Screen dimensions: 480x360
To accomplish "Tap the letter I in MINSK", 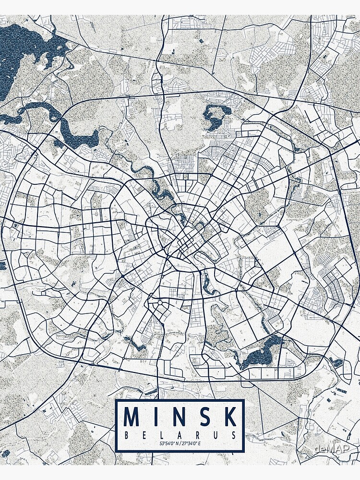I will [155, 417].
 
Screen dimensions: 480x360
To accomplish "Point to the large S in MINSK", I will [204, 417].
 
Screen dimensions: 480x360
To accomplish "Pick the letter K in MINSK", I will [229, 417].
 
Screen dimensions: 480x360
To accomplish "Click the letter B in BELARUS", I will [126, 435].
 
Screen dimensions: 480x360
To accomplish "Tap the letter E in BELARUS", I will [144, 435].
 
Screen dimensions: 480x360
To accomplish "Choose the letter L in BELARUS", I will [162, 435].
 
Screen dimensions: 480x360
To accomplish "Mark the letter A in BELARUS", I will [180, 435].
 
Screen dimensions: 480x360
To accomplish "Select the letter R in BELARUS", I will [198, 435].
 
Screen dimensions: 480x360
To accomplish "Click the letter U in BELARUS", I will [216, 435].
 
